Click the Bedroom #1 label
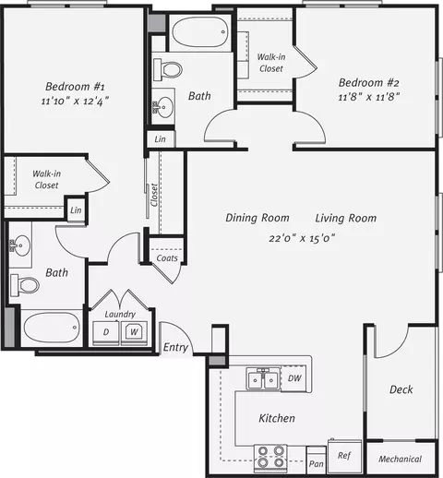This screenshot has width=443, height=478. point(75,87)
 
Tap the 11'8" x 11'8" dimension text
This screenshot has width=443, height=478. point(368,97)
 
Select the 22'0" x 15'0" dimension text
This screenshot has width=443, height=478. point(302,238)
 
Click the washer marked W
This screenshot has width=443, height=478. point(134,333)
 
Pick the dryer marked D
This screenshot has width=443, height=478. point(106,333)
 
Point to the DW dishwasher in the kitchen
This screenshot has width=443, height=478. point(293,378)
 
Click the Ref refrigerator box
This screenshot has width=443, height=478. point(344,456)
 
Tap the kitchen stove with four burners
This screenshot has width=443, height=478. point(270,458)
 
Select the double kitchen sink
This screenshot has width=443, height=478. point(263,379)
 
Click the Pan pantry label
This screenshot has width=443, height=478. point(317,463)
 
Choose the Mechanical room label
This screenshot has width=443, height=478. point(400,459)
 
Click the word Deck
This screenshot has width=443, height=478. point(401,389)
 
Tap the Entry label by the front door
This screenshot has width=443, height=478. point(175,347)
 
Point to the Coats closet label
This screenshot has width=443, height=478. point(167,258)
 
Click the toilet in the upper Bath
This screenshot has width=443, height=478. point(168,69)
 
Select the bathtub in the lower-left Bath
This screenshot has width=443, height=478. point(52,328)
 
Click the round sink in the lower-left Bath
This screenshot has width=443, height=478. point(20,245)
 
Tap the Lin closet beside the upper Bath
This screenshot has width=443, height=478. point(160,139)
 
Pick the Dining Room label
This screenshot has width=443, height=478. point(257,218)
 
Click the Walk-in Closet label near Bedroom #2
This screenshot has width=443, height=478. point(271,63)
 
